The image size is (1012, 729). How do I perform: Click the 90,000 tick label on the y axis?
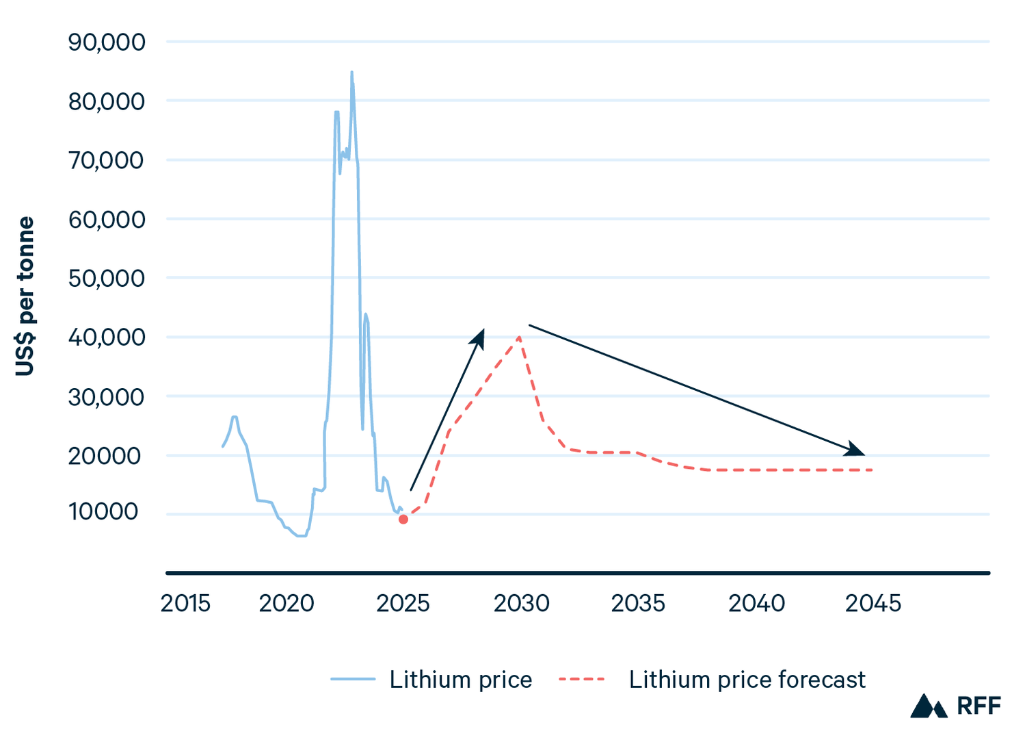[x=107, y=42]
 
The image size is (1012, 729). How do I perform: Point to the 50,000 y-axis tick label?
[x=107, y=279]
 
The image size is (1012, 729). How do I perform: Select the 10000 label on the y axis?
[x=103, y=511]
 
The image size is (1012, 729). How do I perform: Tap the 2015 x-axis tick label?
[x=185, y=604]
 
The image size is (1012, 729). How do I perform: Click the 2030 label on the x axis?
[x=521, y=604]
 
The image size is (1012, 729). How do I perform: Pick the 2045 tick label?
[x=873, y=604]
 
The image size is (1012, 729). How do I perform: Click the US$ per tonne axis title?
[x=25, y=296]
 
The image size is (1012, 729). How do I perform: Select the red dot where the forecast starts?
[x=403, y=520]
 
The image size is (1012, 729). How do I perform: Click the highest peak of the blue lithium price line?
[x=351, y=72]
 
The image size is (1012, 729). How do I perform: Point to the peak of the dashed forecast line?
[x=520, y=337]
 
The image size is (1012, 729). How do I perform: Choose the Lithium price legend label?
[x=461, y=680]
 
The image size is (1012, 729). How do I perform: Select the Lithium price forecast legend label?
[x=747, y=680]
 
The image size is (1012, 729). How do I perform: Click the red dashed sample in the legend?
[x=582, y=680]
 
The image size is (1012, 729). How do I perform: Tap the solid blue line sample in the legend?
[x=353, y=680]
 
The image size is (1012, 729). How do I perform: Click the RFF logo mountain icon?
[x=928, y=706]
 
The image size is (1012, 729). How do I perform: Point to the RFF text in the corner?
[x=978, y=706]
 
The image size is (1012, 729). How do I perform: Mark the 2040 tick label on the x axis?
[x=756, y=604]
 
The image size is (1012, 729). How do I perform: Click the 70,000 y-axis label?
[x=107, y=161]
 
